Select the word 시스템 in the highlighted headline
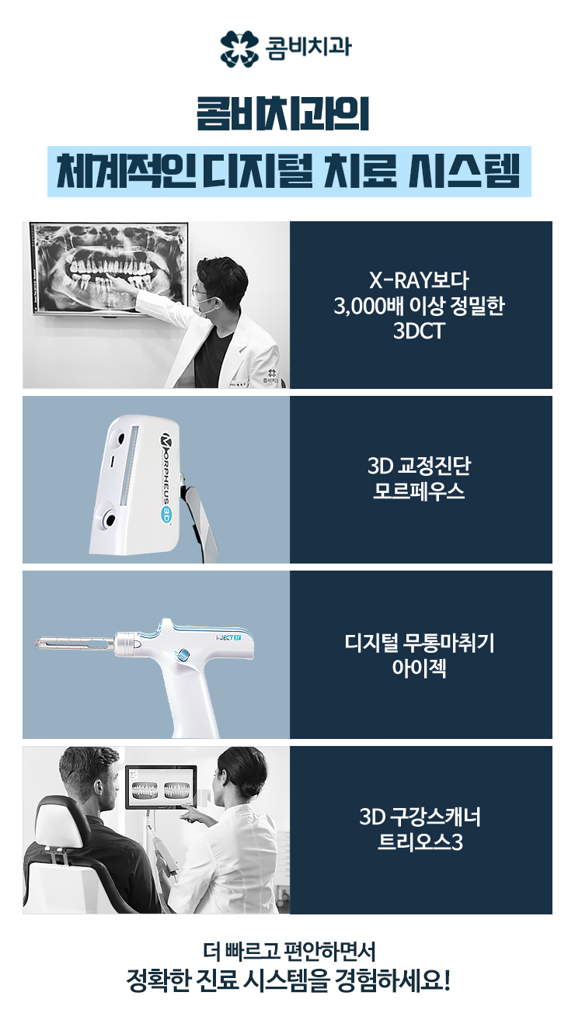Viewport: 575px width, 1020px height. coord(464,172)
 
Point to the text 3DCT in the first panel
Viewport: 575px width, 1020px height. coord(419,331)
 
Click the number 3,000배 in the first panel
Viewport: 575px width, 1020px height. coord(368,306)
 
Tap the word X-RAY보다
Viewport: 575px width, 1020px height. coord(419,280)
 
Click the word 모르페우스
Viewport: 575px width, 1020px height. coord(419,491)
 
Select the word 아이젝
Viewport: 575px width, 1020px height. coord(419,668)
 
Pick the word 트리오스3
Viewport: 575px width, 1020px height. coord(420,842)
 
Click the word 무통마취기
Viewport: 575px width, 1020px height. coord(448,643)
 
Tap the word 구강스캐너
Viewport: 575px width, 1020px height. coord(434,817)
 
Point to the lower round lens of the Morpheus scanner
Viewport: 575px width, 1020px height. coord(110,519)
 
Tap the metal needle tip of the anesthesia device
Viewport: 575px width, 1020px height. coord(37,644)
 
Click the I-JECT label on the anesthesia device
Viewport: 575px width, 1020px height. coord(228,637)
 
